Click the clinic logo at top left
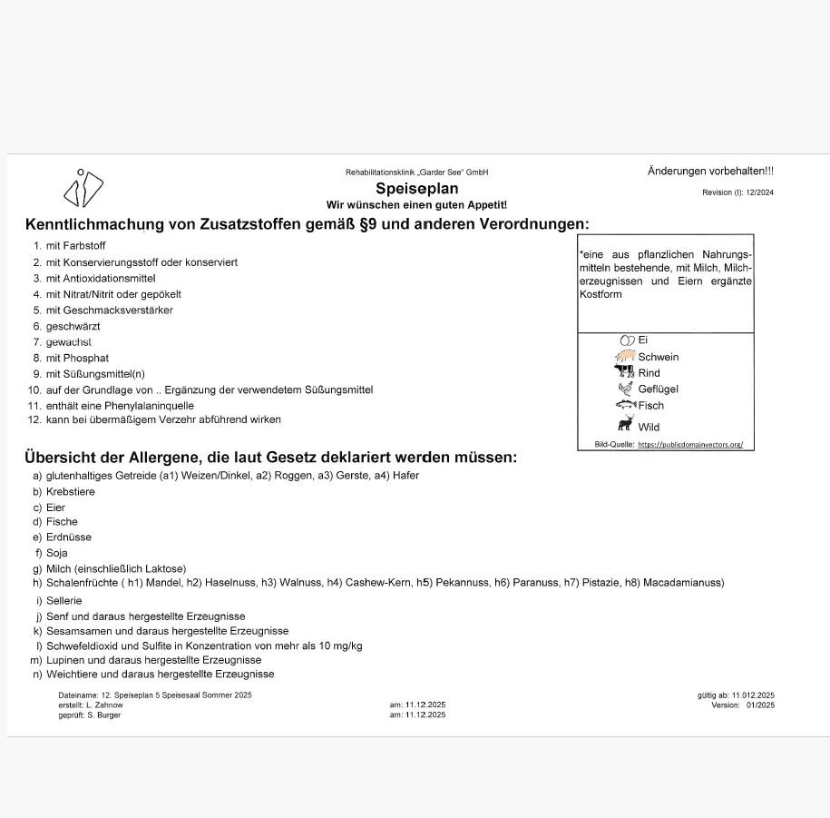83,188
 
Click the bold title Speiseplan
416,189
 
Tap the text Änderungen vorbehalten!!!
710,172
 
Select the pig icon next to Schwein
625,357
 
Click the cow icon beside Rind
625,372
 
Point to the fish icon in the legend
625,405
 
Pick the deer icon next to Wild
625,423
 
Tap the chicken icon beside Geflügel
625,389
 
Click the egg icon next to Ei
626,340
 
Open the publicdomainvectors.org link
690,445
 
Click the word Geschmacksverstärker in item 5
129,310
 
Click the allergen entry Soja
57,553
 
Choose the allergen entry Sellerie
64,601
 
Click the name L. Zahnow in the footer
104,705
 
